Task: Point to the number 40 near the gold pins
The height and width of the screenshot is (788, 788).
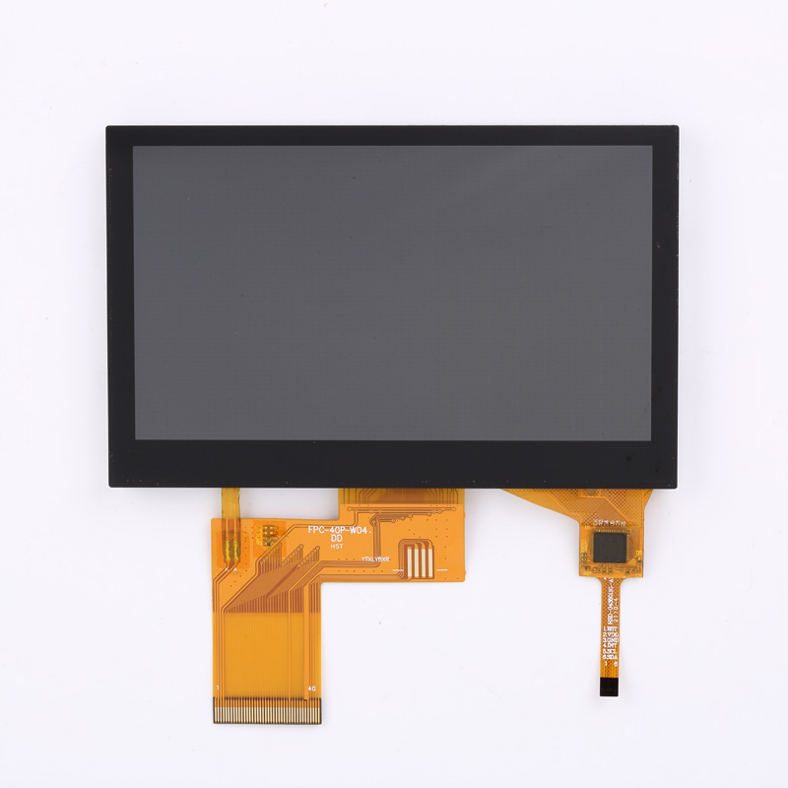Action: click(311, 689)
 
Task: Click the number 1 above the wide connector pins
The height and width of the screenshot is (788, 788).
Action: click(218, 687)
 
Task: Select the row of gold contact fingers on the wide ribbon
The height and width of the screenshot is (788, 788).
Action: click(267, 709)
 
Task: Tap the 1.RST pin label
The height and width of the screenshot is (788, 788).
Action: click(612, 628)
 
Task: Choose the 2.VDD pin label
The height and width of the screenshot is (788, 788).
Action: click(612, 636)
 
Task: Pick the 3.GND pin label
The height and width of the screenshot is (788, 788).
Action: click(612, 643)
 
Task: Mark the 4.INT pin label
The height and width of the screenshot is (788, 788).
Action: click(612, 650)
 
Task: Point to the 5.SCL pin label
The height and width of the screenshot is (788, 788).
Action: click(612, 657)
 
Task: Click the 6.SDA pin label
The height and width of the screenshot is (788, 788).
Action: click(612, 664)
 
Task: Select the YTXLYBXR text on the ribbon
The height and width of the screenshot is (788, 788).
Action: click(376, 559)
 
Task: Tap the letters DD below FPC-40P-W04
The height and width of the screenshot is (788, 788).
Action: click(336, 539)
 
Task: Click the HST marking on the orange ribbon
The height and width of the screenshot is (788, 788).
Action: click(336, 548)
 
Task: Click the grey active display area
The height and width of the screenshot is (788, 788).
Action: click(392, 293)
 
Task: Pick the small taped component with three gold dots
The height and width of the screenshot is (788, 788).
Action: click(267, 535)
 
